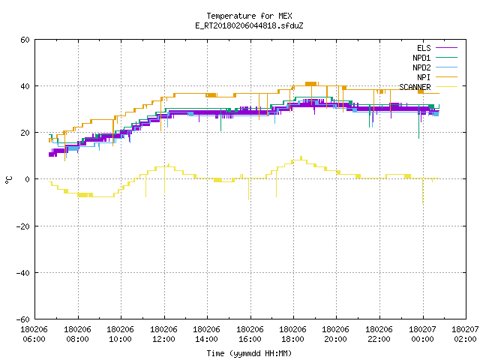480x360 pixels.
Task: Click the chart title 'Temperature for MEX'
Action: (x=249, y=16)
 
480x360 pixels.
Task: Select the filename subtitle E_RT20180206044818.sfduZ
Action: (x=249, y=25)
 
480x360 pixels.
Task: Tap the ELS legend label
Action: (x=424, y=48)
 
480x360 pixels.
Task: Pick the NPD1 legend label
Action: (x=421, y=58)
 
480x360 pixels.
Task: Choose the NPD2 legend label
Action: (x=421, y=67)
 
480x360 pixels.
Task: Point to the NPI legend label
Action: (x=424, y=77)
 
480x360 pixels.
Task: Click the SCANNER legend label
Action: (x=415, y=87)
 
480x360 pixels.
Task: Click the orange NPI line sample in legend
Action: (x=446, y=77)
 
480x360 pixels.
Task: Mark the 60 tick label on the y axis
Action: (x=25, y=40)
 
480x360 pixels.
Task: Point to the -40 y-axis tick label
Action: (x=23, y=273)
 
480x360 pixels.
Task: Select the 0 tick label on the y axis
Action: (x=28, y=179)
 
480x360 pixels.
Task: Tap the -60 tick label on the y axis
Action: (x=23, y=319)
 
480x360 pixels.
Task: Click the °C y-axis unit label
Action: (x=8, y=180)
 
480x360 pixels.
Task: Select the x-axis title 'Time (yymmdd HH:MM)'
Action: (x=249, y=353)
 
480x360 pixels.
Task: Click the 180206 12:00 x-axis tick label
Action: (x=163, y=334)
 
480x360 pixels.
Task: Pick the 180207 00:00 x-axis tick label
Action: (x=422, y=334)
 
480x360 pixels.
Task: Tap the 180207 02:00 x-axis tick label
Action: (x=465, y=334)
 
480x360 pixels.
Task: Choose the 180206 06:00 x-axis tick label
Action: (x=34, y=334)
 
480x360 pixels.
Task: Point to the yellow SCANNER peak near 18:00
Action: (x=301, y=157)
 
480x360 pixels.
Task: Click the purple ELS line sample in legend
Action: (x=446, y=48)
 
